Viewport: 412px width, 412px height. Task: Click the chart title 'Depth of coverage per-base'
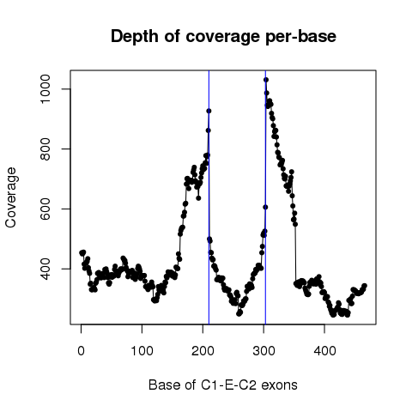223,37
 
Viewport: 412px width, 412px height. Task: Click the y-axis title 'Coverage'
10,197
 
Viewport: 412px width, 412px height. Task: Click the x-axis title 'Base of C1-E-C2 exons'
223,385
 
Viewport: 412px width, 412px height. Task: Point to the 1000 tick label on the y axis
45,89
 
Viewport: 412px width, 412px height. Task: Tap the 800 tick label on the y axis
45,149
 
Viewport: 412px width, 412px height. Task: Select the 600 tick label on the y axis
45,209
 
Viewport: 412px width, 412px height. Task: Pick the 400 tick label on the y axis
45,269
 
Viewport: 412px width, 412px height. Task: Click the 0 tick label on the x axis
81,351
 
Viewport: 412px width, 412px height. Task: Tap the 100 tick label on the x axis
142,351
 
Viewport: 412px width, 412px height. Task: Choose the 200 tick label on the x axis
203,351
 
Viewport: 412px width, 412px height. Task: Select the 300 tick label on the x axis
264,351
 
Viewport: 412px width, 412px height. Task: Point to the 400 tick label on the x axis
324,351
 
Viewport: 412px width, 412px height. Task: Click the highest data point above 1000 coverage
266,80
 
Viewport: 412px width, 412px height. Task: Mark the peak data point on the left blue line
209,111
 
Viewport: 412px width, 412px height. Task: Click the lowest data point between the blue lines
239,314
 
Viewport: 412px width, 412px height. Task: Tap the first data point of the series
82,253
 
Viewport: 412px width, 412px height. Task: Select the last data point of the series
365,286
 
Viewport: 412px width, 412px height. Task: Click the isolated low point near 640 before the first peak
198,198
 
